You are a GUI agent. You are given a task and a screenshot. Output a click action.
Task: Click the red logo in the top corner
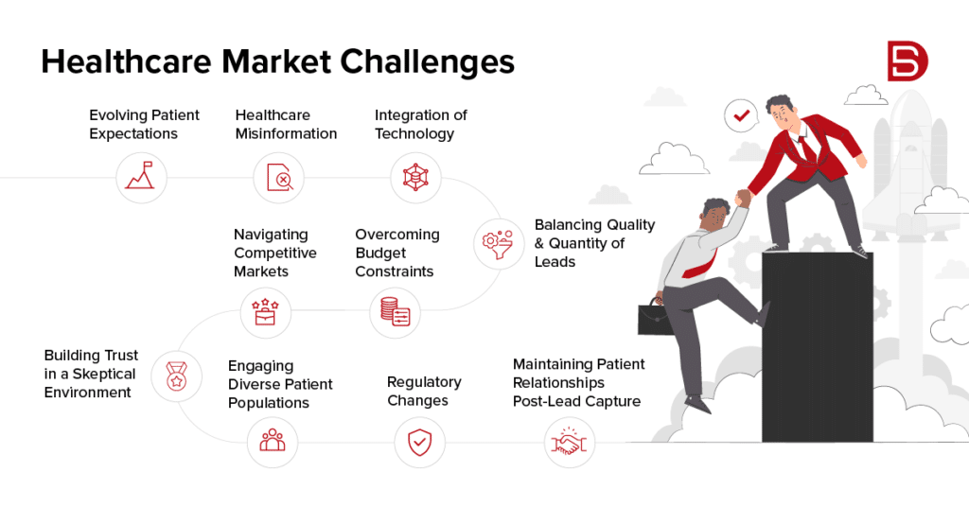[x=907, y=61]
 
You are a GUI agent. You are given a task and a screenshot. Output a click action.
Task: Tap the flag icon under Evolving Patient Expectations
[x=142, y=177]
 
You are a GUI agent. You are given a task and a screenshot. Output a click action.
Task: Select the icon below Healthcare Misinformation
[x=279, y=177]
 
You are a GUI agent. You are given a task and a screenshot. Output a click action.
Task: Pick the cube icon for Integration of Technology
[x=416, y=177]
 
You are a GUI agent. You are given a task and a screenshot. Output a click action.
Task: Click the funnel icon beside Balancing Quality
[x=498, y=242]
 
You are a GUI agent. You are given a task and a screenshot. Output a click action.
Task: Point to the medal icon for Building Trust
[x=177, y=375]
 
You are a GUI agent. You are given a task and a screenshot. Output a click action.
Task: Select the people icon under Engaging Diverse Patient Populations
[x=273, y=441]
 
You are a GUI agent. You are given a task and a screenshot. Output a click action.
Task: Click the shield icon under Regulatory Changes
[x=419, y=441]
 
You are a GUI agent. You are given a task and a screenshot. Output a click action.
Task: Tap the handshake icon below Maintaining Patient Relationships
[x=571, y=441]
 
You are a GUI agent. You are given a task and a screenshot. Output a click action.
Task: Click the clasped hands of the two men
[x=743, y=198]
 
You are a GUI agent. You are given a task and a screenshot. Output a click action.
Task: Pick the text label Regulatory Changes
[x=424, y=391]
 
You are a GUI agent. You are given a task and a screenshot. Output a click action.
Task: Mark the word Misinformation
[x=286, y=133]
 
